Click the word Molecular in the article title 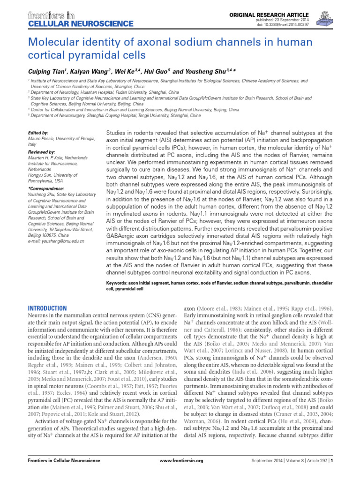[x=52, y=43]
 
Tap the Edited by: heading [x=38, y=133]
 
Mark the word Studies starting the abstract [x=119, y=133]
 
